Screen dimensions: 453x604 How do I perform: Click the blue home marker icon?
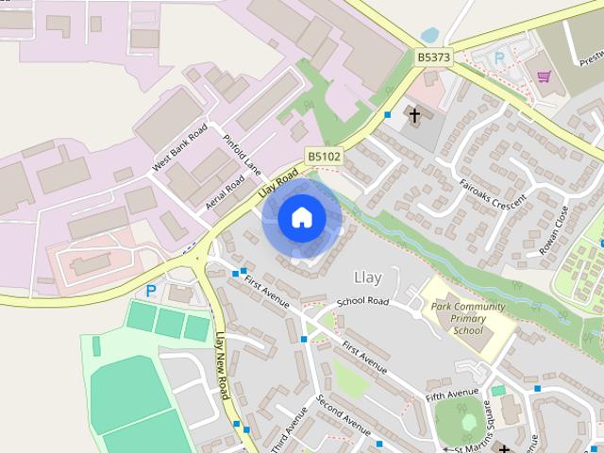click(301, 217)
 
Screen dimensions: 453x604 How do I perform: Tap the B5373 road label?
click(434, 58)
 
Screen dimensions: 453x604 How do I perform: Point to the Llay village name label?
click(367, 277)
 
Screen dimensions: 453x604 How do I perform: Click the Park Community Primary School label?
click(467, 319)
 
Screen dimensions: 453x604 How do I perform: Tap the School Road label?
click(363, 302)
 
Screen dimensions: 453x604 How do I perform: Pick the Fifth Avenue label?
click(453, 394)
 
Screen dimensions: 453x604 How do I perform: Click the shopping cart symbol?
click(544, 75)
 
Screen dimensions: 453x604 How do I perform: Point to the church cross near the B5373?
click(412, 115)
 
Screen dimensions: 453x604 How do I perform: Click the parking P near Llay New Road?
click(149, 292)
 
